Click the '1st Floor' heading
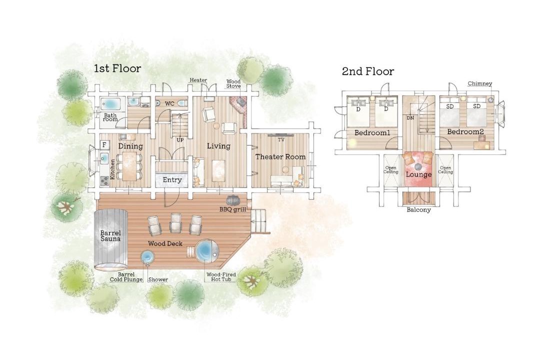117,68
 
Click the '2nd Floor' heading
368,71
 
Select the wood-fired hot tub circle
206,251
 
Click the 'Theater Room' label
280,156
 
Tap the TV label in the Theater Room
281,140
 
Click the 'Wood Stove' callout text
233,83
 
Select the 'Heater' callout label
198,80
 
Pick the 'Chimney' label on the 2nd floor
479,83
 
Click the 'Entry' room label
172,180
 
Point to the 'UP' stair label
180,140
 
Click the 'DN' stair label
410,118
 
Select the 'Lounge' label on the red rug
418,174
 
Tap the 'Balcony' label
418,209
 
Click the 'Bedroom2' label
465,131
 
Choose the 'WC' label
169,103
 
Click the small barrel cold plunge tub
147,256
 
